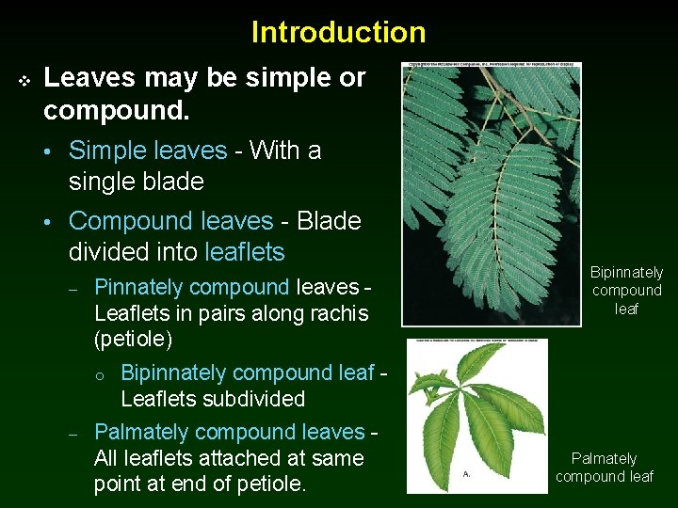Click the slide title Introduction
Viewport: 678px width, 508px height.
338,32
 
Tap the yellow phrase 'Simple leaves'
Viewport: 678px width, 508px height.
148,151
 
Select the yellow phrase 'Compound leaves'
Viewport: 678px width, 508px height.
170,221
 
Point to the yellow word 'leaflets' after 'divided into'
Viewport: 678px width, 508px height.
244,252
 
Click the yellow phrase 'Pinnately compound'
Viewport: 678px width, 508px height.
192,287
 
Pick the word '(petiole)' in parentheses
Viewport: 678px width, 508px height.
133,338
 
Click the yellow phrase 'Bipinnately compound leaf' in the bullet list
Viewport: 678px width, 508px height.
248,373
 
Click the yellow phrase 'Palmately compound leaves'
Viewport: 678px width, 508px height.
229,433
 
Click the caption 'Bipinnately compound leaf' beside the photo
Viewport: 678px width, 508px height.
626,291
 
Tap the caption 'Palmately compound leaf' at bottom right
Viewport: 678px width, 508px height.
604,468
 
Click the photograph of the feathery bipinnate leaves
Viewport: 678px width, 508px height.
491,194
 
